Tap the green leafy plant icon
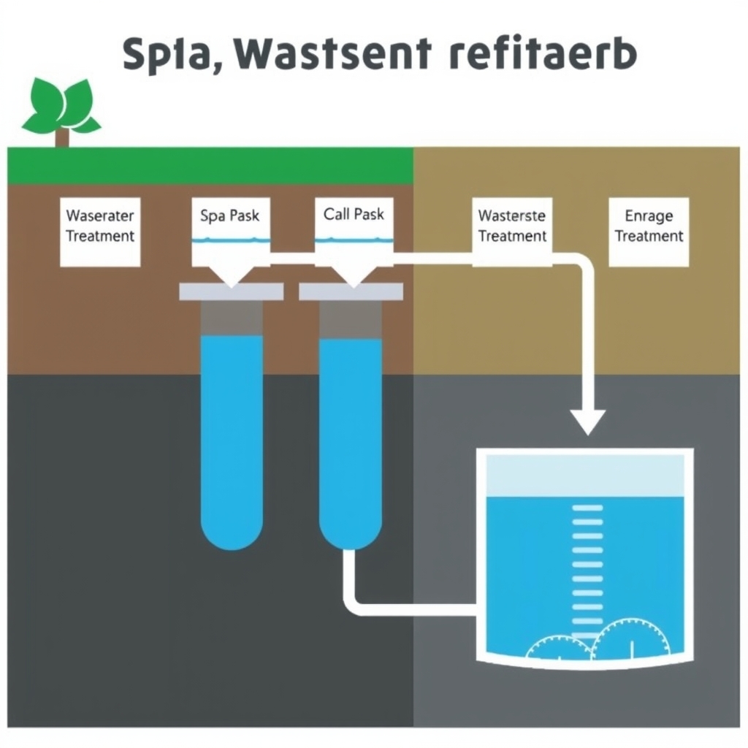pyautogui.click(x=61, y=108)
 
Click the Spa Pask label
pyautogui.click(x=229, y=216)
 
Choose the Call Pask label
pyautogui.click(x=354, y=215)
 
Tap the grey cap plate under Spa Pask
pyautogui.click(x=231, y=291)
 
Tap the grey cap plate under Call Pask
pyautogui.click(x=351, y=291)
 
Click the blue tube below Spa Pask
pyautogui.click(x=232, y=438)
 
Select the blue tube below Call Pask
pyautogui.click(x=351, y=438)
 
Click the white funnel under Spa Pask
pyautogui.click(x=230, y=272)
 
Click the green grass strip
pyautogui.click(x=210, y=165)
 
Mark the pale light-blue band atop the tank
pyautogui.click(x=584, y=476)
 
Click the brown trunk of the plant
pyautogui.click(x=62, y=137)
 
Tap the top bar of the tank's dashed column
pyautogui.click(x=587, y=508)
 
